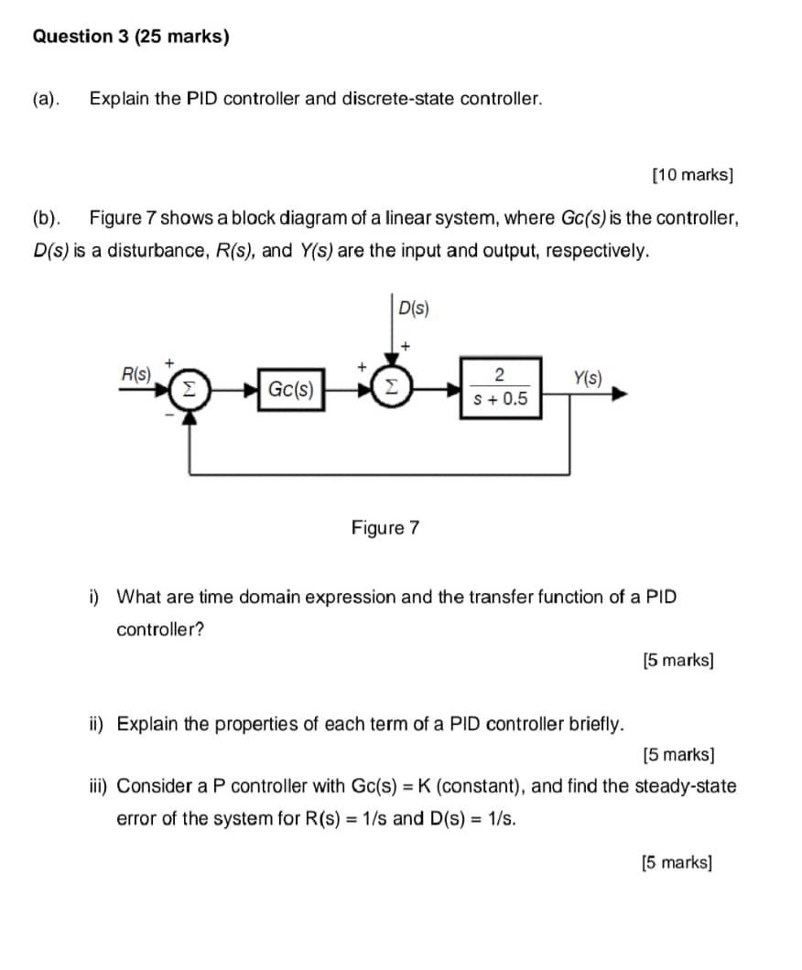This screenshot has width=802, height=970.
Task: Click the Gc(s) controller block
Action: pos(290,391)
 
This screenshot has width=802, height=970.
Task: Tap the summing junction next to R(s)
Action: pos(188,389)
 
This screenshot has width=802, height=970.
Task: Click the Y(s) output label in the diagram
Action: pos(587,377)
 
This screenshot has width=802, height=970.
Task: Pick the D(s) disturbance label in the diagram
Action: pos(414,308)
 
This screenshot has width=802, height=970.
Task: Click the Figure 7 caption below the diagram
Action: pos(385,528)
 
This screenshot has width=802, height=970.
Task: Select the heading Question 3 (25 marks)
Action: pos(131,38)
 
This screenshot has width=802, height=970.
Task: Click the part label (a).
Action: pos(46,99)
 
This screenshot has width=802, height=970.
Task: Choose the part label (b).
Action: pos(46,219)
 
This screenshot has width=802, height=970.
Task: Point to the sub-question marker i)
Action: pos(94,598)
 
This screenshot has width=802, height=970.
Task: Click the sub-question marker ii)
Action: pos(96,725)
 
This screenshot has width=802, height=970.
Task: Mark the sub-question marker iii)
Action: pos(98,786)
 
